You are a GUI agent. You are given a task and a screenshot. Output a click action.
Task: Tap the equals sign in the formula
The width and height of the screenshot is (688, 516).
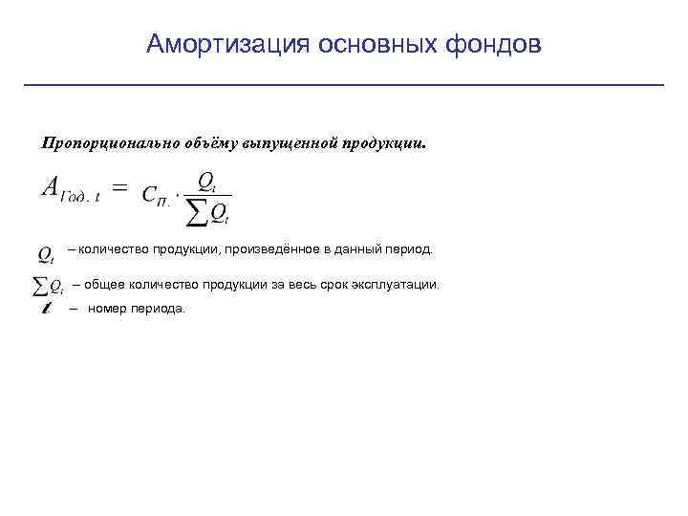(x=120, y=188)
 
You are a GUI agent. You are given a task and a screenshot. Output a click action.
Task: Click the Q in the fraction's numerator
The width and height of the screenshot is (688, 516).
(x=204, y=180)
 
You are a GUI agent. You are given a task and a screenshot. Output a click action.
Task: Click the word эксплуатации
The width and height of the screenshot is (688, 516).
(x=398, y=285)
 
